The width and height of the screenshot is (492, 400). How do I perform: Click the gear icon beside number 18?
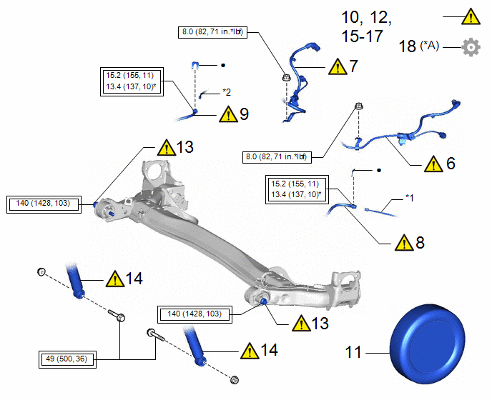tap(471, 47)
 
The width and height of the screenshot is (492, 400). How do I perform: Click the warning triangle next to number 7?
tap(338, 67)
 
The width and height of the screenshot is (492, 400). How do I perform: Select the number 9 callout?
tap(245, 114)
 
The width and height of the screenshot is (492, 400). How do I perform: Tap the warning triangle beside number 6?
tap(433, 164)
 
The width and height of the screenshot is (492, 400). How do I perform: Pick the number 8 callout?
tap(420, 242)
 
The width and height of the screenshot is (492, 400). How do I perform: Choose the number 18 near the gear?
tap(407, 47)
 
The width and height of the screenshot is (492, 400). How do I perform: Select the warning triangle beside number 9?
tap(227, 114)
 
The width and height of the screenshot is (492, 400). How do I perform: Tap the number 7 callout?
tap(353, 66)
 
